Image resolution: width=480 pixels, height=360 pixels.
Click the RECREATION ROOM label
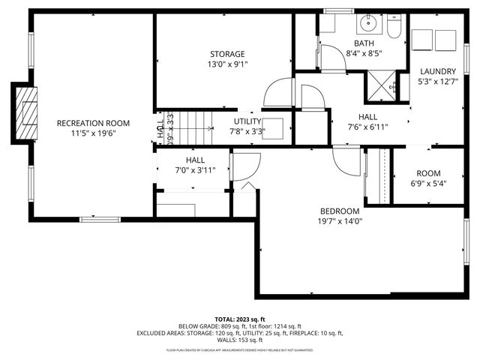click(x=94, y=123)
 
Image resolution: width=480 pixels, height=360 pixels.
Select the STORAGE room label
click(x=227, y=54)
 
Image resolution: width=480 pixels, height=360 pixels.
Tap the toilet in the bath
click(x=394, y=26)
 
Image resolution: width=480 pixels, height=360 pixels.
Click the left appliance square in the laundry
click(x=422, y=40)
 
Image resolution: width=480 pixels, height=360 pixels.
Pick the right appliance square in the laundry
click(x=447, y=40)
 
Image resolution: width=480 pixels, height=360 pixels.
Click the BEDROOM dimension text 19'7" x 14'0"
click(x=340, y=221)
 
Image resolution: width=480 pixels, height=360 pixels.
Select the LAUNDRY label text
click(x=438, y=71)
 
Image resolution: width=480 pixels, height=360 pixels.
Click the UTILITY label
click(x=247, y=121)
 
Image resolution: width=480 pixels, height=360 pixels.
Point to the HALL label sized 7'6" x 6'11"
click(x=368, y=117)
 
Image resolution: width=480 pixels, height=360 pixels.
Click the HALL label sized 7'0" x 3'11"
click(x=195, y=160)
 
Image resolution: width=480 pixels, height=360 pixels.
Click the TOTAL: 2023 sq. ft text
click(x=240, y=319)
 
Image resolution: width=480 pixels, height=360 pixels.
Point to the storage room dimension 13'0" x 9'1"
click(x=227, y=64)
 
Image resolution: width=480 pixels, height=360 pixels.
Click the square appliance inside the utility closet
click(x=271, y=127)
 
